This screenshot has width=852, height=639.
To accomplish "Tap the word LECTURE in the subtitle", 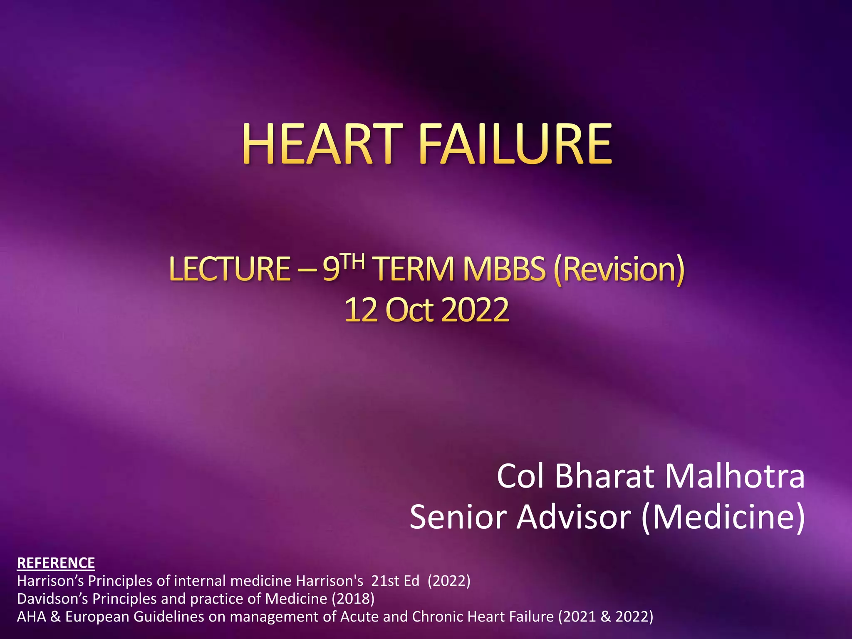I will pos(230,269).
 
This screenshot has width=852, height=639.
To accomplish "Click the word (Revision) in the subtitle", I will pos(619,269).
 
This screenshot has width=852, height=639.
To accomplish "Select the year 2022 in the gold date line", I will pos(475,310).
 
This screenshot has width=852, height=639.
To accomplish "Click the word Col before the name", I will pos(520,476).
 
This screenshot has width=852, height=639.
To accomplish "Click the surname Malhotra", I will pos(735,476).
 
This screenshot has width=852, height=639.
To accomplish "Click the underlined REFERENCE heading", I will pos(56,563).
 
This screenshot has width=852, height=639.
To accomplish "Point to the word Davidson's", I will pos(52,599).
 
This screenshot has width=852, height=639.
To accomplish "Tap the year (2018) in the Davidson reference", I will pos(353,599).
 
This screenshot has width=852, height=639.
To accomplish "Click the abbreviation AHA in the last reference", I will pos(31,617).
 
